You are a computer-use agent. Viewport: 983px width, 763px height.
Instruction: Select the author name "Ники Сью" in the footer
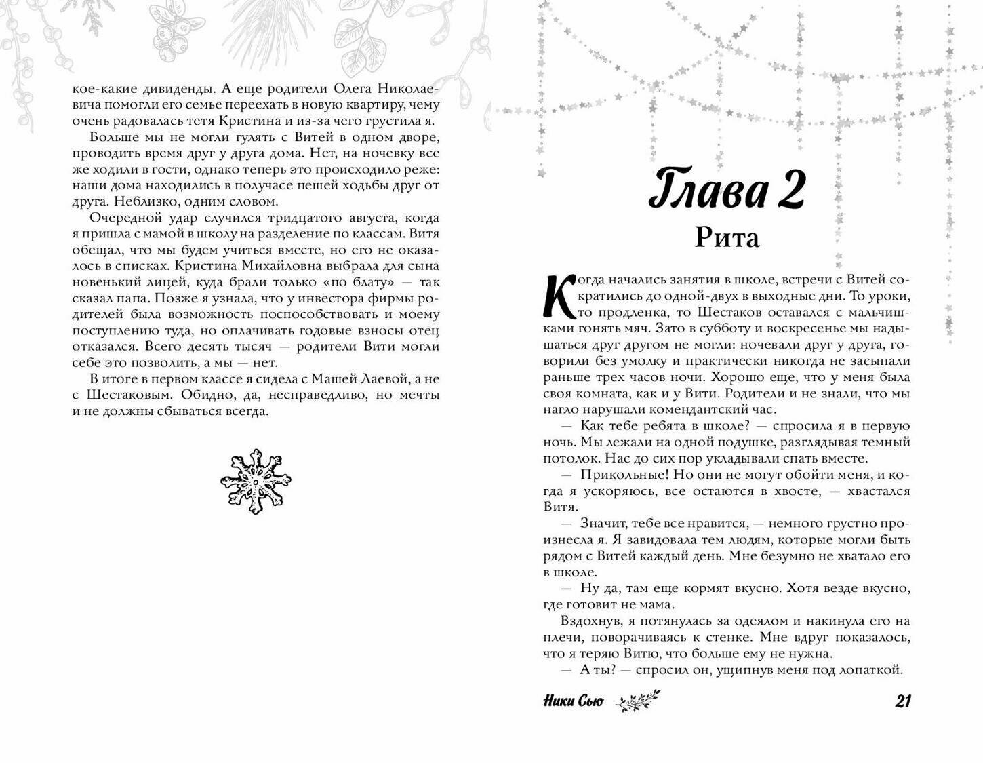(573, 702)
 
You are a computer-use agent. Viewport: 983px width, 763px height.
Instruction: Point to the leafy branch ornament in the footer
(637, 701)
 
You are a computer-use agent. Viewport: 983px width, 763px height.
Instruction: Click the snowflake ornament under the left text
(256, 482)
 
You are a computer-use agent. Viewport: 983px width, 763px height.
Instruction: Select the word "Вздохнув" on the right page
(588, 621)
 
